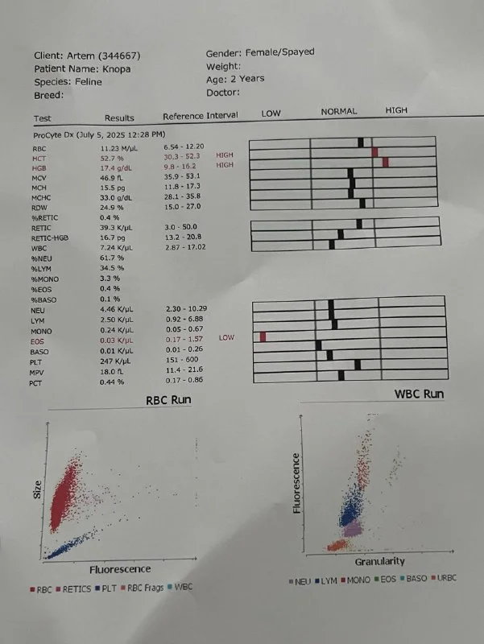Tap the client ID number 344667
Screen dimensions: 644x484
pyautogui.click(x=116, y=56)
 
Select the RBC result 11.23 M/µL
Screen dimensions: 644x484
pyautogui.click(x=120, y=149)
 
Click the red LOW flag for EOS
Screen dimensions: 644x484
pyautogui.click(x=226, y=338)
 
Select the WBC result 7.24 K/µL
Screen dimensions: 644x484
pyautogui.click(x=116, y=248)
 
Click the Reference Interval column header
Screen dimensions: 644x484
pyautogui.click(x=201, y=116)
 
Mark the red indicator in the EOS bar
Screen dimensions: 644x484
pyautogui.click(x=263, y=336)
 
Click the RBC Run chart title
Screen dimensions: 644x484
pyautogui.click(x=168, y=401)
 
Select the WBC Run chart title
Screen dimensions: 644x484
pyautogui.click(x=419, y=394)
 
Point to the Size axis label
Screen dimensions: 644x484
pyautogui.click(x=37, y=489)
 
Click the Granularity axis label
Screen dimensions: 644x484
pyautogui.click(x=379, y=561)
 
